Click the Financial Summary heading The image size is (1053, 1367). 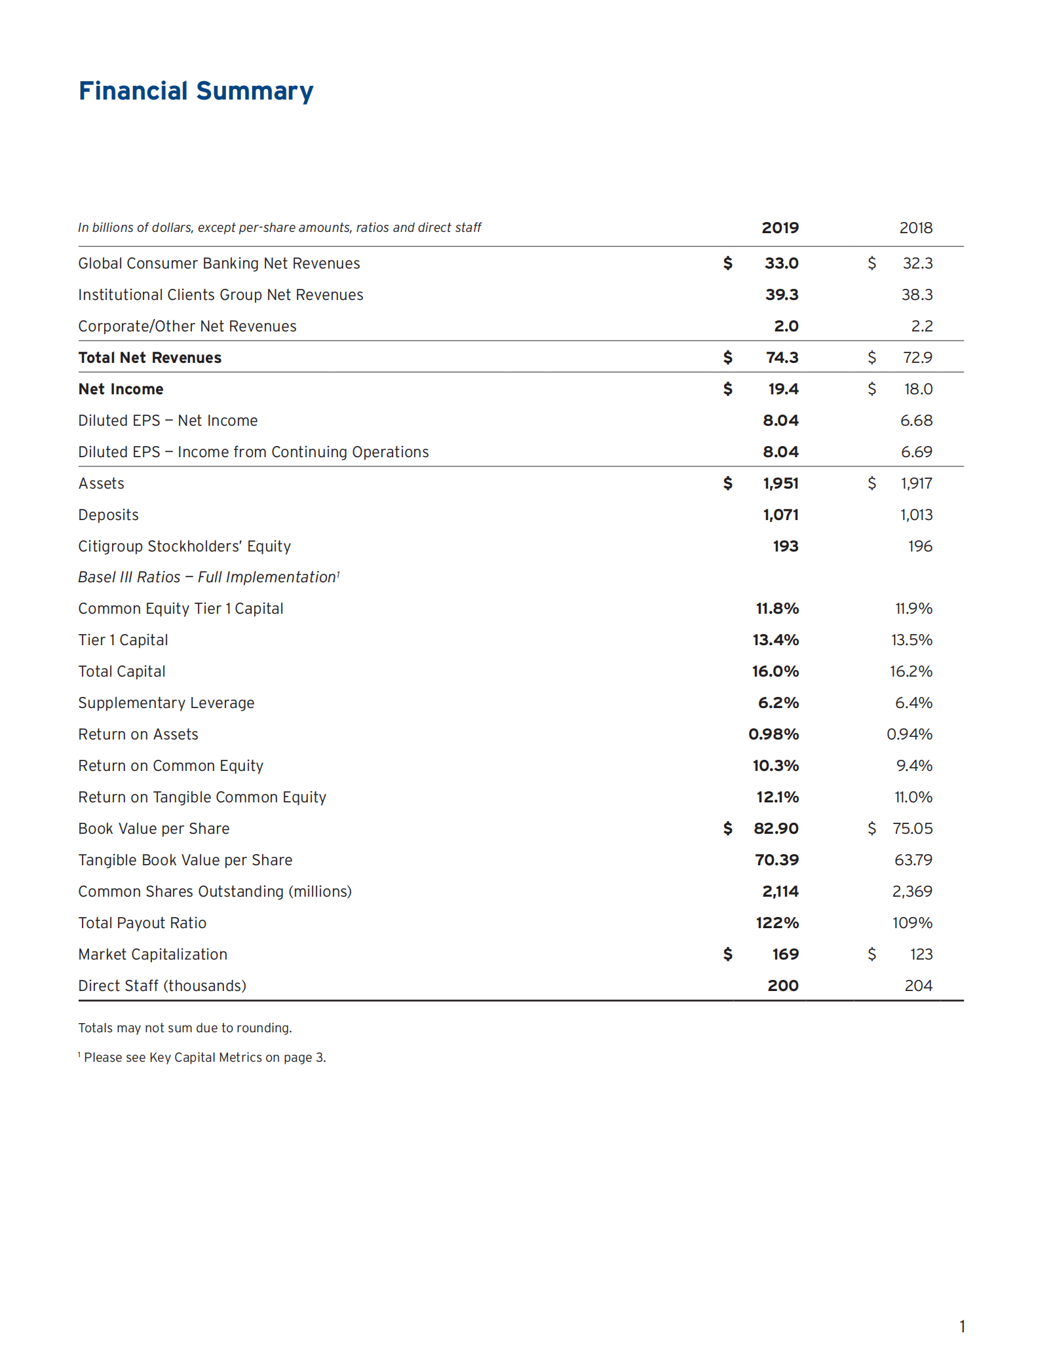coord(196,91)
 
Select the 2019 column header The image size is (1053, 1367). coord(780,228)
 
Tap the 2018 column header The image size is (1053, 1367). coord(915,228)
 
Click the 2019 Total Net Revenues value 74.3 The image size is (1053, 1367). coord(782,358)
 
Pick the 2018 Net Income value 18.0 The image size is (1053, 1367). coord(918,389)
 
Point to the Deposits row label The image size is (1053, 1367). coord(108,515)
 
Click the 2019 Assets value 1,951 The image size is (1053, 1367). coord(780,483)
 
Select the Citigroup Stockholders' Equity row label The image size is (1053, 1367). coord(184,546)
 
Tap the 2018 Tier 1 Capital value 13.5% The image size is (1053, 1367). coord(911,640)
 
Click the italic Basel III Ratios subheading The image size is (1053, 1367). coord(208,577)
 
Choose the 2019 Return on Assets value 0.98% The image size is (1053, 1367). coord(773,734)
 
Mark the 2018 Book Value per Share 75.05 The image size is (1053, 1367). coord(912,829)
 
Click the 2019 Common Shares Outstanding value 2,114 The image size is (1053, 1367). coord(780,891)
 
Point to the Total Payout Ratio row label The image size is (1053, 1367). coord(142,923)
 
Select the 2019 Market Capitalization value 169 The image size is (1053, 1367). coord(785,954)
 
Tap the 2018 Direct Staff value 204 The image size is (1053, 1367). coord(918,986)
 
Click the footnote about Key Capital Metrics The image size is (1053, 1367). coord(204,1057)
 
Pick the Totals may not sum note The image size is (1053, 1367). coord(185,1028)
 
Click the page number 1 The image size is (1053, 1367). coord(962,1326)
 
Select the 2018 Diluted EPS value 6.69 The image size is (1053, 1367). coord(916,452)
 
